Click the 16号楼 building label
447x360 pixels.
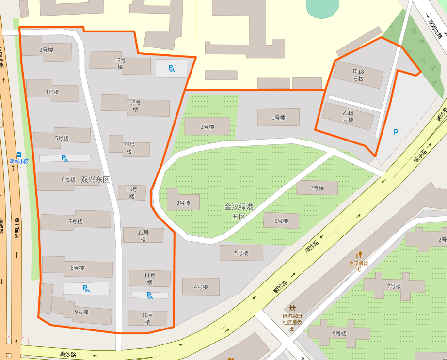(x=120, y=63)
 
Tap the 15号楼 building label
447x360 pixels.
(x=135, y=106)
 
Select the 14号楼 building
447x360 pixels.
(x=128, y=147)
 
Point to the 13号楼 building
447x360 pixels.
(x=131, y=193)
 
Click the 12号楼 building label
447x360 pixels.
(x=143, y=236)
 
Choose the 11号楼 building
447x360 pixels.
(x=149, y=279)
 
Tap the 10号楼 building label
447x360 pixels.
(x=147, y=318)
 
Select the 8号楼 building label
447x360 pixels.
(x=78, y=268)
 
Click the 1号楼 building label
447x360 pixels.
(x=278, y=118)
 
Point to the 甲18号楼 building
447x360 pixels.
(x=358, y=75)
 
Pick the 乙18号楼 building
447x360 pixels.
(x=348, y=116)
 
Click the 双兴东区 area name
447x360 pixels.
(x=96, y=179)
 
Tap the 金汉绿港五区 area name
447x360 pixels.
(x=239, y=211)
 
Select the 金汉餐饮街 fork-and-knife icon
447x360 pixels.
(x=359, y=254)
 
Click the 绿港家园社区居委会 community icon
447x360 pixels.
(x=292, y=308)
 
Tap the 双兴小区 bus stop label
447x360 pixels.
(x=19, y=161)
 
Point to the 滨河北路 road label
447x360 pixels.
(x=434, y=27)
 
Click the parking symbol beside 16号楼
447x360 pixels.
(x=171, y=68)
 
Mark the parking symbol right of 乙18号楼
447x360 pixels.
(x=396, y=132)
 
